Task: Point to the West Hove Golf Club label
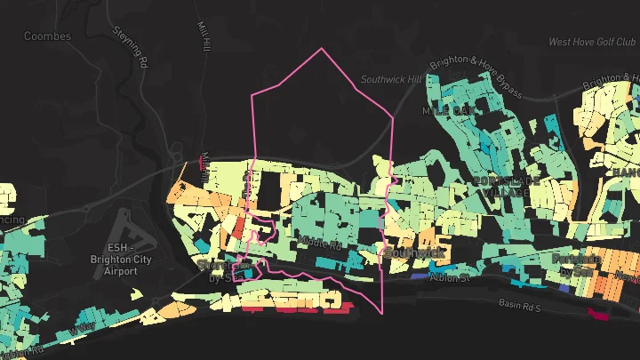click(x=593, y=42)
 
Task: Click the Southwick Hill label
click(x=391, y=79)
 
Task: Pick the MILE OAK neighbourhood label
click(x=450, y=110)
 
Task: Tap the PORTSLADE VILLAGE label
click(x=507, y=188)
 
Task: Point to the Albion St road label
click(x=449, y=277)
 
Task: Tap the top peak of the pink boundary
click(x=322, y=48)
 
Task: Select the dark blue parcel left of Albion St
click(x=415, y=275)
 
